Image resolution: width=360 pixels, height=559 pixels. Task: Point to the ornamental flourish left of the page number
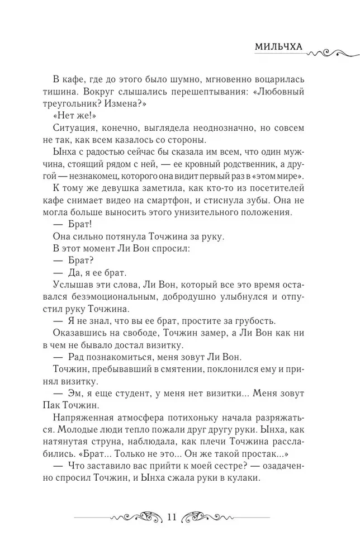137,517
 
